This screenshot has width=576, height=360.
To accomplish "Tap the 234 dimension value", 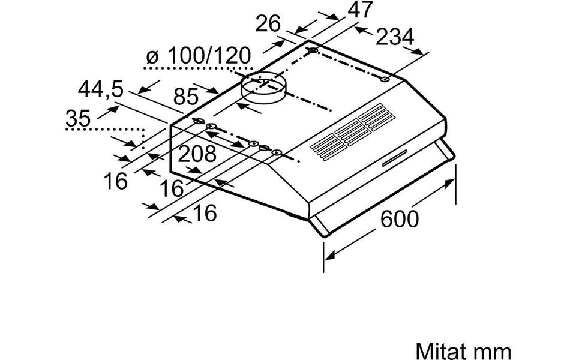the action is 395,37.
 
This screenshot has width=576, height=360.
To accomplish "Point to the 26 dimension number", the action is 268,24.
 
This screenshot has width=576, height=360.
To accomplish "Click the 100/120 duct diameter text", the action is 209,56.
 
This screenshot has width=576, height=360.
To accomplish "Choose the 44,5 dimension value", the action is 100,89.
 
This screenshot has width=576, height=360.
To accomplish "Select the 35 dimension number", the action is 78,118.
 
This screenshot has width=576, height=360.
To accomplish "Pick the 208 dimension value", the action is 197,154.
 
